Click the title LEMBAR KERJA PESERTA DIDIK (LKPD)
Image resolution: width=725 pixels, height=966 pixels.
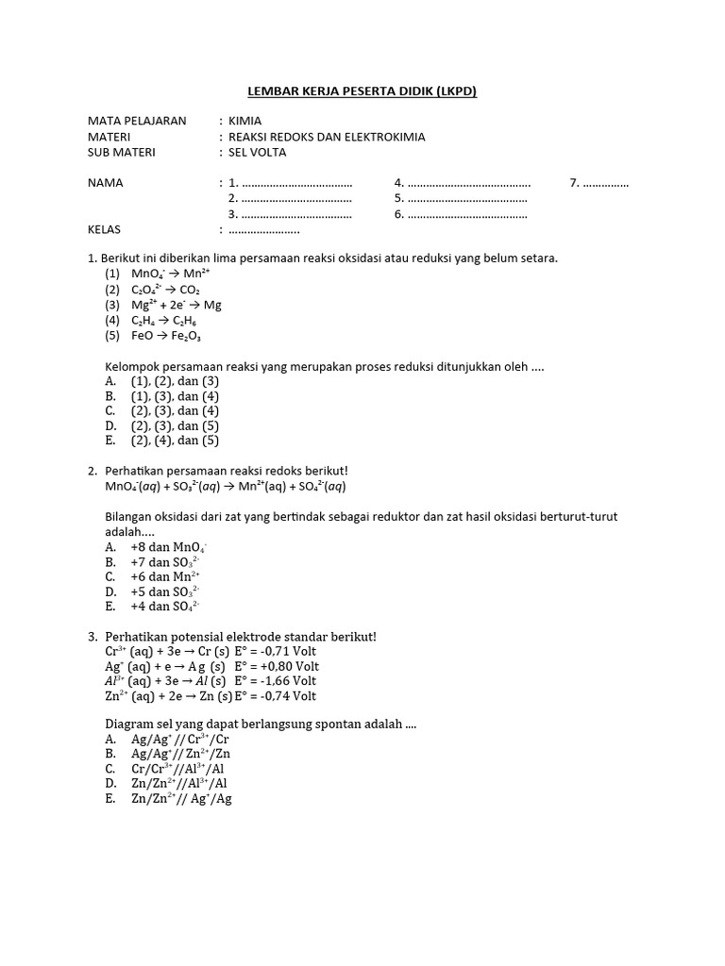(362, 92)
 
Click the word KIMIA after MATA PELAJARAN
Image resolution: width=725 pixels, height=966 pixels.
(245, 122)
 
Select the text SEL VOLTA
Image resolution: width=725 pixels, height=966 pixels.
(257, 152)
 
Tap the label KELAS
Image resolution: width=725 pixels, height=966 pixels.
(105, 229)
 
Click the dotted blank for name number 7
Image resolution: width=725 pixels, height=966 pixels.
(606, 183)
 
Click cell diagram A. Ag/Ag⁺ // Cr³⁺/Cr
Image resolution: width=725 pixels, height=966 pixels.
(179, 740)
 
